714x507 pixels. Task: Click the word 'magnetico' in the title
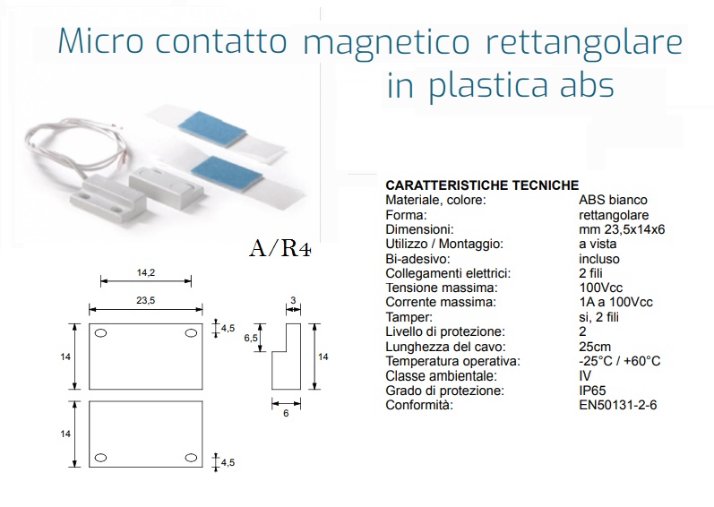point(386,43)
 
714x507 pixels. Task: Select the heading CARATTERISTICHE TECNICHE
point(482,185)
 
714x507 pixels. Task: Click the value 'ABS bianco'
point(613,200)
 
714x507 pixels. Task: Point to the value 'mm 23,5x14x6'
point(622,229)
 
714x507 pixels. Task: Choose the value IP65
point(592,391)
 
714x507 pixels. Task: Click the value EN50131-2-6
point(618,405)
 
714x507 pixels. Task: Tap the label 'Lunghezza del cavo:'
point(446,347)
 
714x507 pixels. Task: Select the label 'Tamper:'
point(409,317)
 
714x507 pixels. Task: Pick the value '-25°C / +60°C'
point(620,361)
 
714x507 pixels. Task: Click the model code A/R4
point(280,248)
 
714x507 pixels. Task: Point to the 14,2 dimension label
point(146,272)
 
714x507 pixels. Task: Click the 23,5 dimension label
point(146,300)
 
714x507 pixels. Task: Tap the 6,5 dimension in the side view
point(251,339)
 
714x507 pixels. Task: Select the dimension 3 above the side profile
point(293,300)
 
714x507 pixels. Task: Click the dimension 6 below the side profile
point(286,413)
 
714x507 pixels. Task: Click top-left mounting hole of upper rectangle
point(100,333)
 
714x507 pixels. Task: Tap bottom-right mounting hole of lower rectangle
point(191,458)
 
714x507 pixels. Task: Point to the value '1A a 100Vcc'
point(615,302)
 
